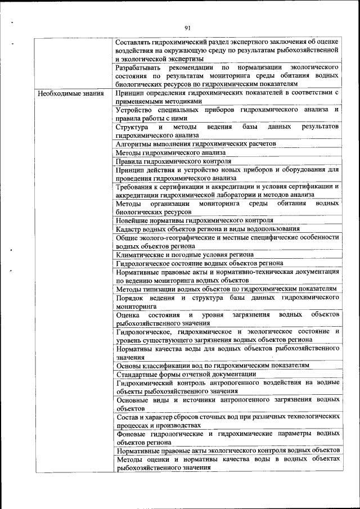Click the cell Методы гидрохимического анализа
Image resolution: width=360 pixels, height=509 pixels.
[170, 152]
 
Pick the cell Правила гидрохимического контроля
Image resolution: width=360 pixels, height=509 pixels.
[173, 161]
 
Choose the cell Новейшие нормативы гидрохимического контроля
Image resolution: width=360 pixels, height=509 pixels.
[194, 220]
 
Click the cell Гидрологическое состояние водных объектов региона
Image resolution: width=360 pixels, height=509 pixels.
[195, 263]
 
